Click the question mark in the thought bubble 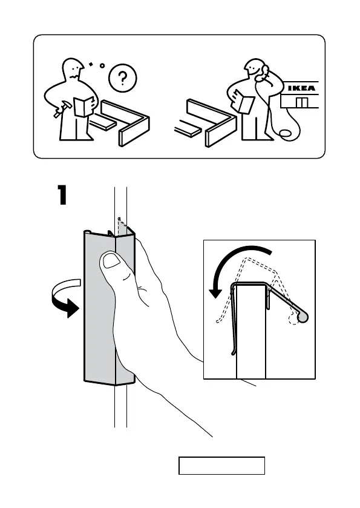[122, 78]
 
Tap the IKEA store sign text [301, 88]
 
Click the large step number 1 [62, 195]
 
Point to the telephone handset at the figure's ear [263, 74]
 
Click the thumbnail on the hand [111, 260]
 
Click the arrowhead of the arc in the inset [215, 292]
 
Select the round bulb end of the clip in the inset [303, 317]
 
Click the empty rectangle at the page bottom [222, 466]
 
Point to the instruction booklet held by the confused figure [84, 106]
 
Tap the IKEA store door [301, 102]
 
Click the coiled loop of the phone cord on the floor [284, 133]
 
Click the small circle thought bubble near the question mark [102, 66]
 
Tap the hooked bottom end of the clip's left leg [232, 352]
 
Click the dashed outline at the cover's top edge [122, 225]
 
